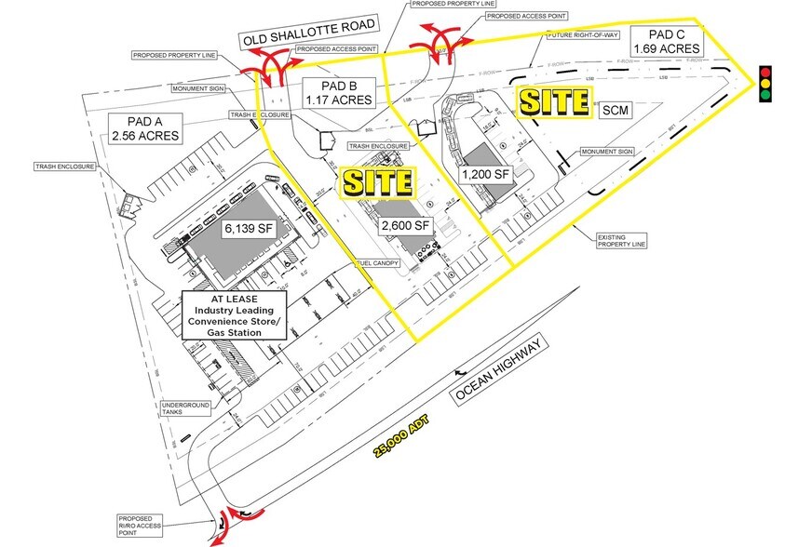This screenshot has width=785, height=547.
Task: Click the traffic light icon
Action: click(x=765, y=83)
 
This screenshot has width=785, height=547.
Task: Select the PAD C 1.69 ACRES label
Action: click(x=666, y=41)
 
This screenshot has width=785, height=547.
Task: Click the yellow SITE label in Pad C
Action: click(x=554, y=102)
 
